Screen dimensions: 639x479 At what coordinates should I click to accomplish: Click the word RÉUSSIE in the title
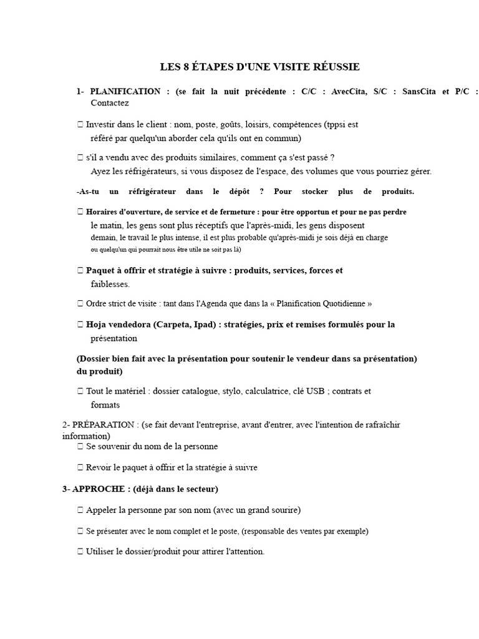[337, 67]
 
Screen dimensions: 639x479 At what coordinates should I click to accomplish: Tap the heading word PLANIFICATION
[125, 91]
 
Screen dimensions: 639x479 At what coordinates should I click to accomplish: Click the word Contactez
[110, 103]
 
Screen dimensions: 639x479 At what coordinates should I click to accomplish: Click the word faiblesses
[110, 284]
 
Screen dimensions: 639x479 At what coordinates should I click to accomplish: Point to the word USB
[316, 391]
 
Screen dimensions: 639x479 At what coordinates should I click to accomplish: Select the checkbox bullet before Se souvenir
[80, 447]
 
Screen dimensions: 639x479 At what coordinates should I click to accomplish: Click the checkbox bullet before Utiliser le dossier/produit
[80, 552]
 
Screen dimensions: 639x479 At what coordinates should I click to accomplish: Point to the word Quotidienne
[340, 303]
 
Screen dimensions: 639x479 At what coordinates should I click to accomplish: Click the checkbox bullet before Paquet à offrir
[80, 271]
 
